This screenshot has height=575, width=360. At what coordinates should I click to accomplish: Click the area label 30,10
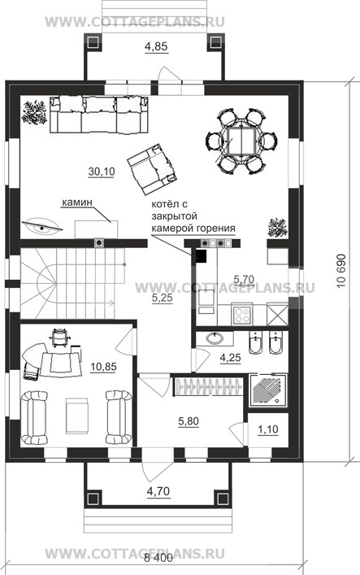coord(102,172)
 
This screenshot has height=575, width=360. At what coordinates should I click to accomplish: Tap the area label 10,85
coord(103,366)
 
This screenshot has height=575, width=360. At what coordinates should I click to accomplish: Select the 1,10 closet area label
coord(268,429)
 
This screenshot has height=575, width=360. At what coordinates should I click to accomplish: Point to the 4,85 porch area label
coord(156,46)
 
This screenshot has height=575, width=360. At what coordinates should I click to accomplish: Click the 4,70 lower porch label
coord(158,490)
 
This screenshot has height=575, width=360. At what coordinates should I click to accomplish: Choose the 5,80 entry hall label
coord(189,422)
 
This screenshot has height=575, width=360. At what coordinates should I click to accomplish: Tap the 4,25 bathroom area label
coord(230,357)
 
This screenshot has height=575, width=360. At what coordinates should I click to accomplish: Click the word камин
coord(76,203)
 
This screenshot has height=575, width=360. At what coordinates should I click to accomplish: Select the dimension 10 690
coord(341,271)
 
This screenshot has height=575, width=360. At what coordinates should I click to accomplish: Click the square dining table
coord(241,142)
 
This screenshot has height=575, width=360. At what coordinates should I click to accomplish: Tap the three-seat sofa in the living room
coord(99,115)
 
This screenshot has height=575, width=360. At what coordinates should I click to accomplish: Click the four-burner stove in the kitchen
coord(241,315)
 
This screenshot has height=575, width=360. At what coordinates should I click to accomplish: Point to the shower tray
coord(268,390)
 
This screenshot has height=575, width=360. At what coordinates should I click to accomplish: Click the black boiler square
coord(201,255)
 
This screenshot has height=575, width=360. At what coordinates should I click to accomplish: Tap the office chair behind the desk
coord(59,338)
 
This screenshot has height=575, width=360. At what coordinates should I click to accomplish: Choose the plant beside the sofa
coord(34,112)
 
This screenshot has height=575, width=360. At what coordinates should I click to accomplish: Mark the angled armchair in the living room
coord(153,169)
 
